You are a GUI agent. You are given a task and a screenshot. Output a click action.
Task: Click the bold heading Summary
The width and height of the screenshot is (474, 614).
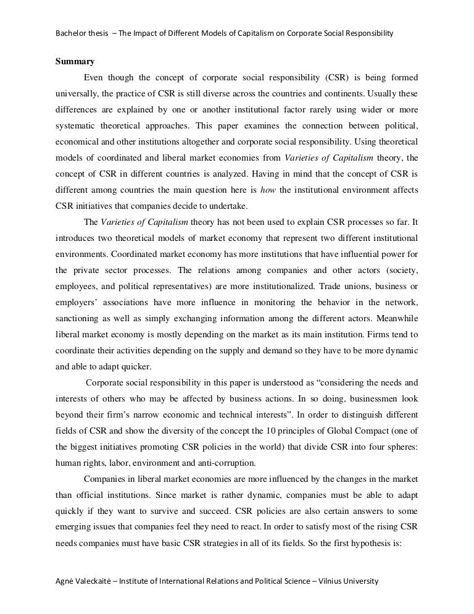(x=75, y=61)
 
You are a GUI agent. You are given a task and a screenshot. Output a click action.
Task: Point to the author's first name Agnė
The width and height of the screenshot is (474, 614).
(x=65, y=581)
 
